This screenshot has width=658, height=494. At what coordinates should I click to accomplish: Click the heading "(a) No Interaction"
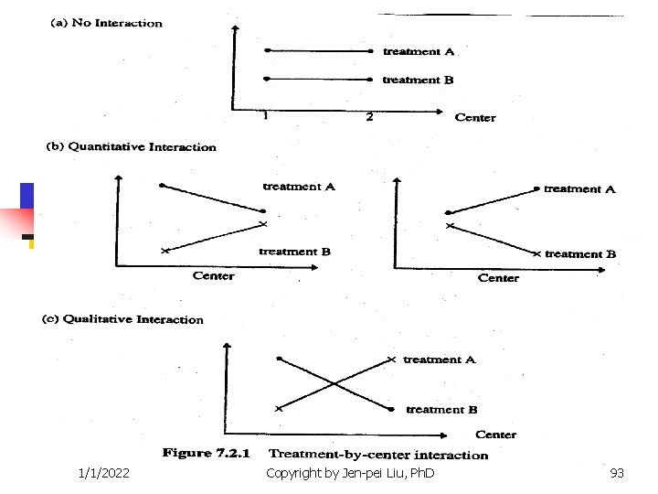point(105,23)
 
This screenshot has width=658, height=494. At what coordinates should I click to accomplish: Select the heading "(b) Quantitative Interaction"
point(132,146)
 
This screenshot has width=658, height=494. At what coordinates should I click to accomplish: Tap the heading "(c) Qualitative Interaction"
point(123,319)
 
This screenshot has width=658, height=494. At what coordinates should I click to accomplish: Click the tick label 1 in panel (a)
point(265,116)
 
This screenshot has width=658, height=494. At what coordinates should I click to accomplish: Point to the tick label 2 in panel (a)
point(370,117)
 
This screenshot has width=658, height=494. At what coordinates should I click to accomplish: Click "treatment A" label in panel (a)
point(419,51)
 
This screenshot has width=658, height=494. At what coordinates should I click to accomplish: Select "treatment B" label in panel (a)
point(418,80)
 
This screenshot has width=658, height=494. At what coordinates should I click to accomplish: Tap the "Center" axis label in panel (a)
point(475,117)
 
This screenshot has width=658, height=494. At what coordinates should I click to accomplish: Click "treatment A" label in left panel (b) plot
point(299,187)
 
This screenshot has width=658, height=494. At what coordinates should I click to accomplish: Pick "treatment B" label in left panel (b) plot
point(294,252)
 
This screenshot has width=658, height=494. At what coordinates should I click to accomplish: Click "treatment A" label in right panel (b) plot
point(579,188)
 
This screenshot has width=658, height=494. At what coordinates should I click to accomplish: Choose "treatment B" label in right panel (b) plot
point(580,254)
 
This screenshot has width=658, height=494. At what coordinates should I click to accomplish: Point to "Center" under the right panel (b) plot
point(498,278)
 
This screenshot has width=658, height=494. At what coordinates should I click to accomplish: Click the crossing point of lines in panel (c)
point(335,384)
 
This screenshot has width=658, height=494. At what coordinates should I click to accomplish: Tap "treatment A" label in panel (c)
point(440,360)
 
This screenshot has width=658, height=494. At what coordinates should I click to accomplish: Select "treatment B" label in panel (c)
point(441,409)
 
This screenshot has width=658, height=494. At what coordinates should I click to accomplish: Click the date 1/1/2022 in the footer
point(104,473)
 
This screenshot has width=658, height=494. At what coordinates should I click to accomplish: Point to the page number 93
point(617,473)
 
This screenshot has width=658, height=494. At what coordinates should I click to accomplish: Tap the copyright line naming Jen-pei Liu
point(350,473)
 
